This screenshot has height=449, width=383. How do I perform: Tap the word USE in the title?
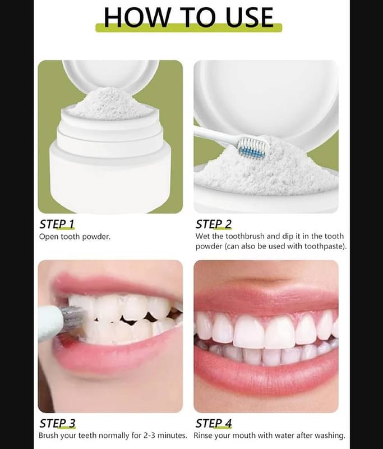coord(250,17)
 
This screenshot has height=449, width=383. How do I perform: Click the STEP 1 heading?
coord(57,224)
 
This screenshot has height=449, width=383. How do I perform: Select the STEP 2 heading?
coord(214,224)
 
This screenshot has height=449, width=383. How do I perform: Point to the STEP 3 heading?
coord(58,423)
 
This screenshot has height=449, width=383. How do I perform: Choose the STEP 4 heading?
coord(214,423)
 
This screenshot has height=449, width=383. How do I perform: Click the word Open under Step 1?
coord(49,237)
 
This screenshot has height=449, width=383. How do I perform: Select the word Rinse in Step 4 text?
coord(203,436)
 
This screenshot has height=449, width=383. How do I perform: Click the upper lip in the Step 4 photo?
coord(266,298)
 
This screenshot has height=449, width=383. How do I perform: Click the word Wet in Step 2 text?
coord(202,236)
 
